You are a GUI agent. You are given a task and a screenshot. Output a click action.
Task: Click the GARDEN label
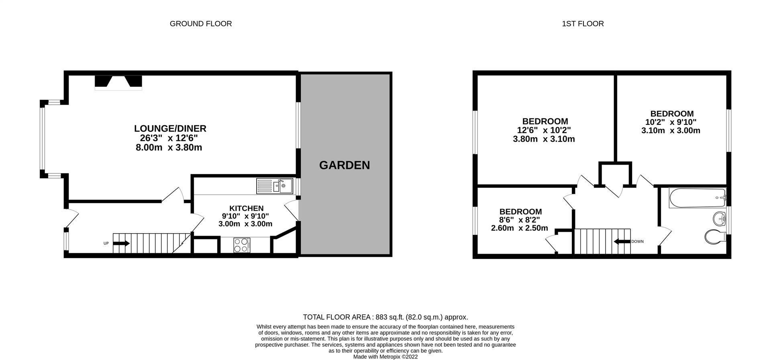click(x=344, y=165)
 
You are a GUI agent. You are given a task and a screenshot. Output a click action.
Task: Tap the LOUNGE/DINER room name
click(x=170, y=128)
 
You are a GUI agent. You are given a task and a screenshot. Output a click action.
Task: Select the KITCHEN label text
click(x=246, y=208)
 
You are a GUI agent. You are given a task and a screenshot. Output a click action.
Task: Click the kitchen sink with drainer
click(x=275, y=186)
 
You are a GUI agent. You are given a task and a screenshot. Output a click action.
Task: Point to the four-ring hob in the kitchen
click(x=242, y=245)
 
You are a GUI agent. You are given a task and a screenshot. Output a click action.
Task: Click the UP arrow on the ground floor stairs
click(x=121, y=243)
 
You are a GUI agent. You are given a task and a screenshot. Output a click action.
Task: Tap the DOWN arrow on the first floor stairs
click(x=622, y=242)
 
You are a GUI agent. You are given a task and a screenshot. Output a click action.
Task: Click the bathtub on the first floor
click(x=697, y=198)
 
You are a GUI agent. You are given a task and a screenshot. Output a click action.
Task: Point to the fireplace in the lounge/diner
click(x=118, y=82)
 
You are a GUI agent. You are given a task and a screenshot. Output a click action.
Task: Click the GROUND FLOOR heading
click(x=201, y=24)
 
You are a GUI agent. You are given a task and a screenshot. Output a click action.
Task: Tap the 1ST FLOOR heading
click(x=583, y=24)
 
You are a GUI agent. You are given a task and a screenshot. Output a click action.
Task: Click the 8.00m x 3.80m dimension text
click(x=169, y=147)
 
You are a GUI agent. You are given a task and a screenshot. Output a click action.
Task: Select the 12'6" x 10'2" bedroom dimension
click(x=544, y=130)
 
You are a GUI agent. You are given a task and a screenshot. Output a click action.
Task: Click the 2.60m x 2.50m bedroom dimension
click(x=519, y=228)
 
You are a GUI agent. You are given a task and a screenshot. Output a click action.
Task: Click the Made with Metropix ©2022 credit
click(x=385, y=356)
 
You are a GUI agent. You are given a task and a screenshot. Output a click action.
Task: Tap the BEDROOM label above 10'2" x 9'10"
click(x=672, y=114)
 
